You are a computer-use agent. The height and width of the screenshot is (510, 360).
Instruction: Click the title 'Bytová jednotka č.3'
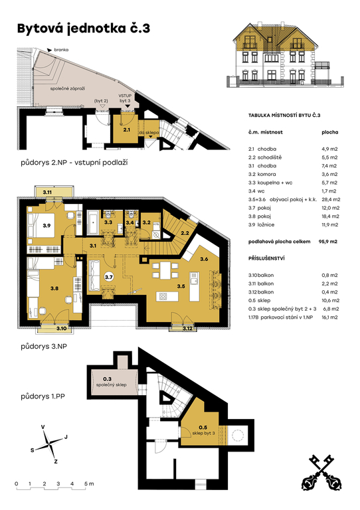pos(84,29)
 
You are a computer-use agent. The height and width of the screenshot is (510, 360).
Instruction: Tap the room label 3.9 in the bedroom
pos(46,225)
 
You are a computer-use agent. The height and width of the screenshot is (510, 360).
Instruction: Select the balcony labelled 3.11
pos(53,191)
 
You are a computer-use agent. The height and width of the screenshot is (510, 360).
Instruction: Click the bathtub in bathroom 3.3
pos(93,222)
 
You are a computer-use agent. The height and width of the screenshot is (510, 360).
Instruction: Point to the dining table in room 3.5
pos(165,270)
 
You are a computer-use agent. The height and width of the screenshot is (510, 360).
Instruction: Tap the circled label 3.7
pos(109,277)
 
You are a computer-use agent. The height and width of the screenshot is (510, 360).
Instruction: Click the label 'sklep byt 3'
pos(203,433)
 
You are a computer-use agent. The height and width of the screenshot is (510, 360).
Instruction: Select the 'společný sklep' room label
pos(111,384)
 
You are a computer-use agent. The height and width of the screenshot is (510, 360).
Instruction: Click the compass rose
pos(48,444)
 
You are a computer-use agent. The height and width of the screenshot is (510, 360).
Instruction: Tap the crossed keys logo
pos(322,472)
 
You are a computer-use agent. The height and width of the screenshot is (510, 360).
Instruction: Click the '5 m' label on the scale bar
pos(89,483)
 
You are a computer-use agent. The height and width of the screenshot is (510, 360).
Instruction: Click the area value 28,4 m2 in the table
pos(331,199)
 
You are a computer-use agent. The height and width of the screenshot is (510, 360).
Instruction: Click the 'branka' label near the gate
pos(61,50)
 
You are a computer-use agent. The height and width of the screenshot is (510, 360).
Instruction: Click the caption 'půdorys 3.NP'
pos(44,347)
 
